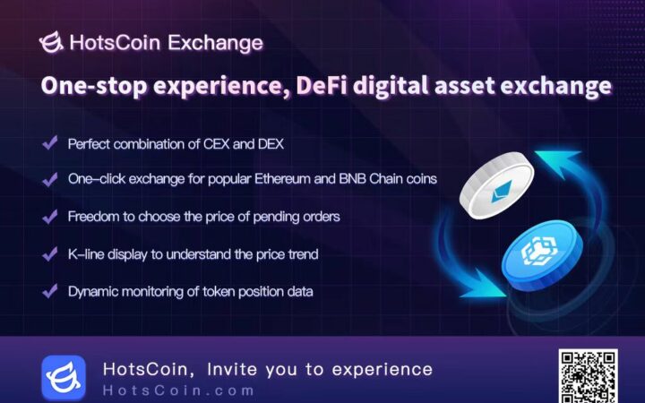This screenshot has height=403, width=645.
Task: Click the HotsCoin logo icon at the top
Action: tap(52, 42)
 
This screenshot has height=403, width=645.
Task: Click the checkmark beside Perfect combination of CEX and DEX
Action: tap(48, 143)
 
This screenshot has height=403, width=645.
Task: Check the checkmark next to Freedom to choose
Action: tap(48, 216)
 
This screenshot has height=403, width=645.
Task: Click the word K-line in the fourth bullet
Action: tap(85, 253)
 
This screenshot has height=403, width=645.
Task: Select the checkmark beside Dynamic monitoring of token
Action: tap(48, 290)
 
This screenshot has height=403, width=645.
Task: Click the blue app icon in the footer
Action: tap(64, 376)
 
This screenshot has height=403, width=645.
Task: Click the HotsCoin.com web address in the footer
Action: tap(179, 390)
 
